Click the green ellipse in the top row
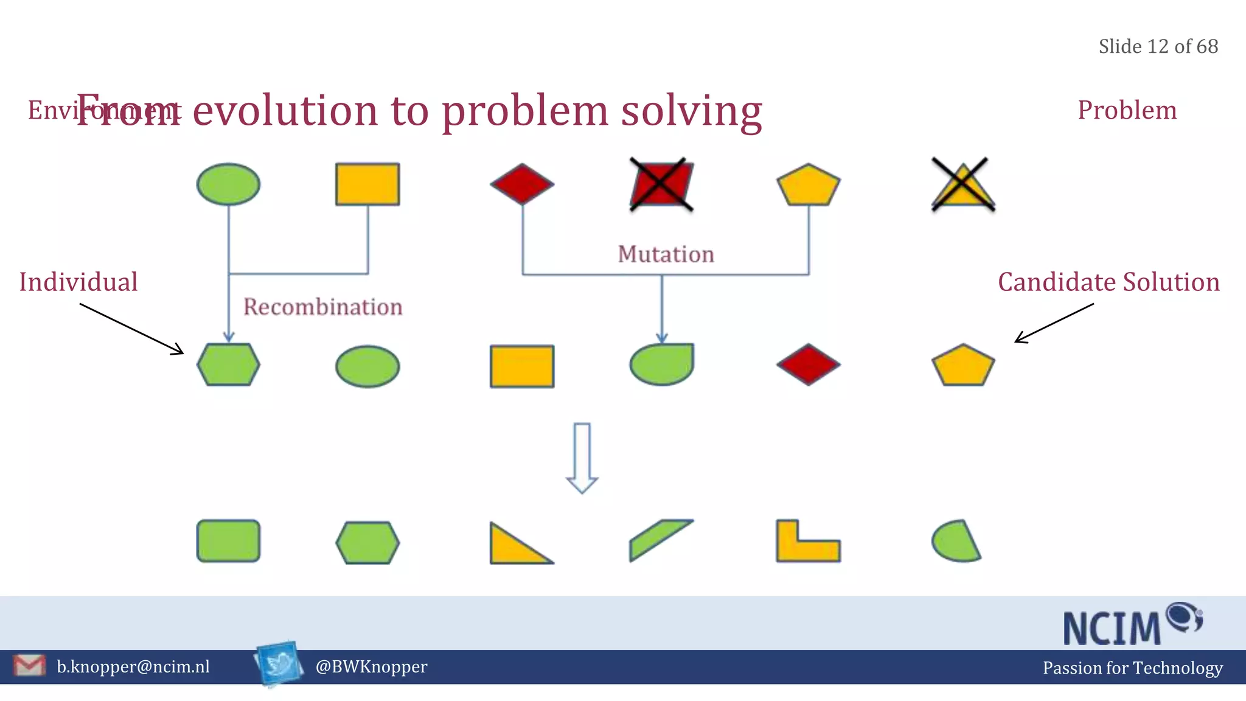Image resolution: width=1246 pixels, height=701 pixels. point(228,184)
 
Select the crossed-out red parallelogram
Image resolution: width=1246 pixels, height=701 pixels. point(661,184)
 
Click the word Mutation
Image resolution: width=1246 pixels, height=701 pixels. point(666,254)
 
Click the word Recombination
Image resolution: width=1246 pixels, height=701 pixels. point(322,307)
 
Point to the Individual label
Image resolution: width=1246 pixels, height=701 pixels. point(78,282)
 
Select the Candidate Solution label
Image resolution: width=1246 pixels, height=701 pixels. point(1109,282)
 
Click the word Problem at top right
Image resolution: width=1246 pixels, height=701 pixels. point(1127,110)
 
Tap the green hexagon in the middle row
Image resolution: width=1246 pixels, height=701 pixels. point(228,365)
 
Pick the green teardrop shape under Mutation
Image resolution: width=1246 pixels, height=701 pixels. point(662,365)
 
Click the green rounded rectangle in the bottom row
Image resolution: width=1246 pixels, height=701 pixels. point(228,541)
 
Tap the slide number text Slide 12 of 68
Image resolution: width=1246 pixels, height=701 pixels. point(1158,47)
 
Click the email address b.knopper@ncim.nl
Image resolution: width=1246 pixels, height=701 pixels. point(133,667)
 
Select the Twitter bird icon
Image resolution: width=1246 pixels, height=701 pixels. point(280,663)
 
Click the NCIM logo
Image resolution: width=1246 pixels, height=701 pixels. point(1132,624)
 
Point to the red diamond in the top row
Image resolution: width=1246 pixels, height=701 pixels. point(522,184)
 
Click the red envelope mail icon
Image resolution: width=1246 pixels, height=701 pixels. point(29,666)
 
